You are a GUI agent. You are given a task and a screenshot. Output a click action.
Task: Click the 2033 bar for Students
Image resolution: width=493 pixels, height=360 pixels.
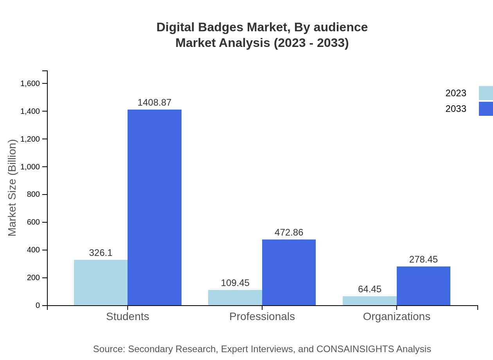tap(155, 207)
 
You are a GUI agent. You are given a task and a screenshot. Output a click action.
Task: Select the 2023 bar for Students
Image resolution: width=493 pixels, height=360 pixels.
tap(101, 283)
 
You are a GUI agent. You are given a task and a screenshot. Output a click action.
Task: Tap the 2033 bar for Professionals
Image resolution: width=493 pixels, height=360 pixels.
tap(289, 272)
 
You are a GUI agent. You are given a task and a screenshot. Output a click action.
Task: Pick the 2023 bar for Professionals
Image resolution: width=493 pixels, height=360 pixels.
tap(235, 298)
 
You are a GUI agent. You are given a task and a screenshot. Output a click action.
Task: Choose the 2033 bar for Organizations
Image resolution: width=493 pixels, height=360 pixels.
tap(423, 286)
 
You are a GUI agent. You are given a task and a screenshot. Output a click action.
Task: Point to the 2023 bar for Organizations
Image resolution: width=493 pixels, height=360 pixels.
tap(369, 301)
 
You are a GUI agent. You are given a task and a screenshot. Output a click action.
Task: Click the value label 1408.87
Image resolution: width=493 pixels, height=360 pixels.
tap(155, 103)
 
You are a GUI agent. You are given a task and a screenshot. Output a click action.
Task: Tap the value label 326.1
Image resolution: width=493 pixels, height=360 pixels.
tap(101, 253)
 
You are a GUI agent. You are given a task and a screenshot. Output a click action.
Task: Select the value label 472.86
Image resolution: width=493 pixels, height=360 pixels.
tap(289, 232)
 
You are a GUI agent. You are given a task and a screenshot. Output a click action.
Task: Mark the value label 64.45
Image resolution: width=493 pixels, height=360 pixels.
tap(369, 289)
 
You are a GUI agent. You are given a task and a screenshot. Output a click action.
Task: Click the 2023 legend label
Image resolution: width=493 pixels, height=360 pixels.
tap(456, 93)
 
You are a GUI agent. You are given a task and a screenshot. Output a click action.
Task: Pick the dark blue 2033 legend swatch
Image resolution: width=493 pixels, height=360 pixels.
tap(486, 109)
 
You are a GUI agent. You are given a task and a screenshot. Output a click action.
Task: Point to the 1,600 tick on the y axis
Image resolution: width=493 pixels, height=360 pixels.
tap(30, 83)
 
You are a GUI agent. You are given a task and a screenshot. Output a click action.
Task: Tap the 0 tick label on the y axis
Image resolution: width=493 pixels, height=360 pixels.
tap(38, 305)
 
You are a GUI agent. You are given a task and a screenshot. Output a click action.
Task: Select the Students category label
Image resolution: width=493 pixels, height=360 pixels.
tap(128, 317)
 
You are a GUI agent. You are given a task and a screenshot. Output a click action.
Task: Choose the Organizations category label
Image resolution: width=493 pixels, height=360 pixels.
tap(396, 317)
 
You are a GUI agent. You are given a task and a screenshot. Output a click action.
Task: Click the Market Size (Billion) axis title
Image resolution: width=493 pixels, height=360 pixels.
tap(12, 188)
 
